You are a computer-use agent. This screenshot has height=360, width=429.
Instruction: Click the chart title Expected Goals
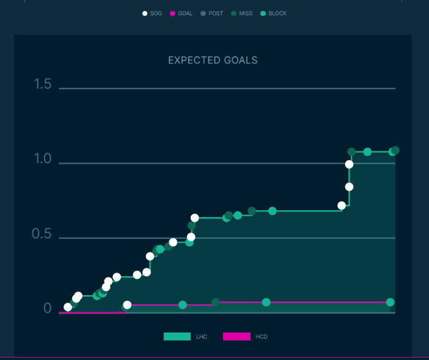click(213, 61)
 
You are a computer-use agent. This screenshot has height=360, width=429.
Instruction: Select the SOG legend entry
click(152, 13)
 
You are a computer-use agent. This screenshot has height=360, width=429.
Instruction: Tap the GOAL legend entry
click(181, 13)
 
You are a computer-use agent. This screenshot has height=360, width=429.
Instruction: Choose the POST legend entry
click(211, 13)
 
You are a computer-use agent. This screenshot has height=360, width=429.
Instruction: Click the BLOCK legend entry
click(273, 13)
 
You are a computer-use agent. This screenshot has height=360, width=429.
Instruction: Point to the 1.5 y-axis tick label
click(43, 84)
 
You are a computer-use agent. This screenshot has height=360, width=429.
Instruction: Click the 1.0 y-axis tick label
click(43, 159)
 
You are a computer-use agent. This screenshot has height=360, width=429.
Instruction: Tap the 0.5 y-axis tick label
click(43, 234)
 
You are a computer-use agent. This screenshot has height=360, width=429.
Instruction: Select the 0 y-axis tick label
click(47, 309)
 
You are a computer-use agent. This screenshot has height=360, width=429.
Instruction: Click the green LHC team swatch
click(177, 336)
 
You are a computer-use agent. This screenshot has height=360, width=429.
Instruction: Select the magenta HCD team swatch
click(237, 336)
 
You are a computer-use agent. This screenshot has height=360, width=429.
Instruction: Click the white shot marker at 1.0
click(349, 164)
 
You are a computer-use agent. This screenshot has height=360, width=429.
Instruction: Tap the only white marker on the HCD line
click(127, 305)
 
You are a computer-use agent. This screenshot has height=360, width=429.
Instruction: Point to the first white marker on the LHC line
click(68, 307)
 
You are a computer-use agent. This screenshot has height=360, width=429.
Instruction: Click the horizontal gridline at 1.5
click(227, 89)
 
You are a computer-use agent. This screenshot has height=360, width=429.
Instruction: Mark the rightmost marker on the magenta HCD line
click(390, 303)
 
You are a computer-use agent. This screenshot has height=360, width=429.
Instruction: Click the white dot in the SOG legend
click(145, 13)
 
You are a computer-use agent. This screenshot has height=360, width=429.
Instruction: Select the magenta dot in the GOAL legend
click(172, 13)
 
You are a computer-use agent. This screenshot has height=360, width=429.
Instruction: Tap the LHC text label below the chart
click(202, 337)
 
